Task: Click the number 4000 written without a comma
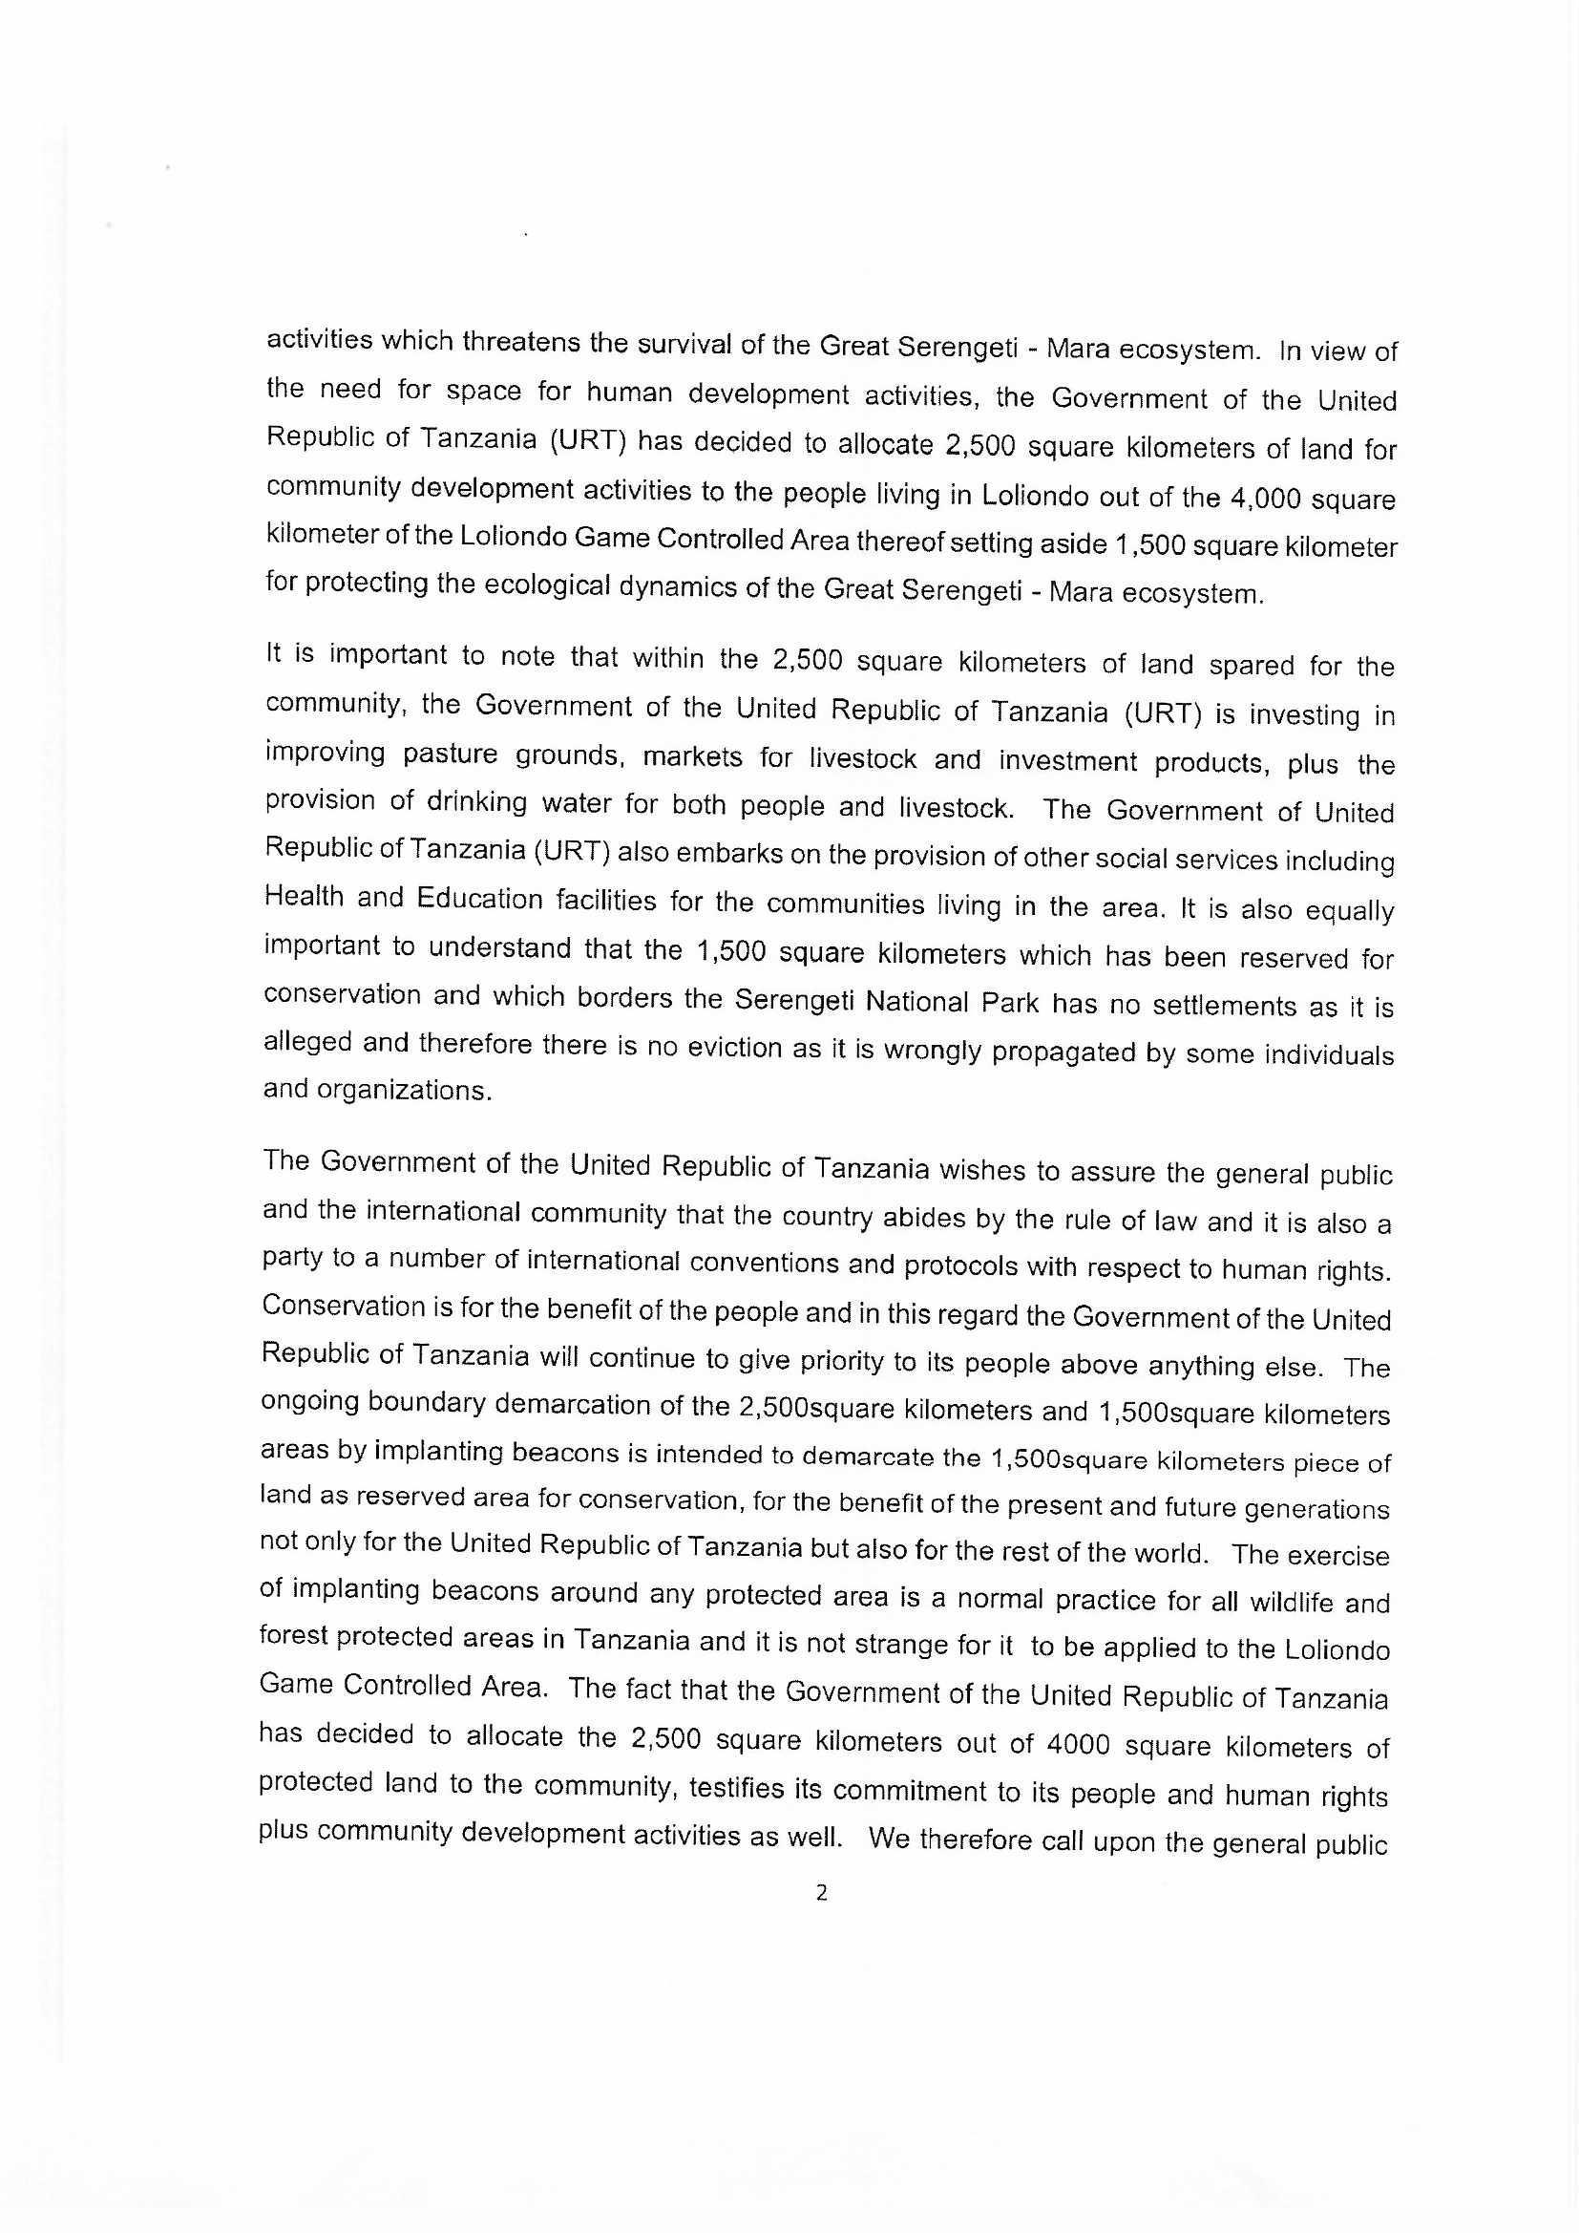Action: (1078, 1745)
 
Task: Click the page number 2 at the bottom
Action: (821, 1893)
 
